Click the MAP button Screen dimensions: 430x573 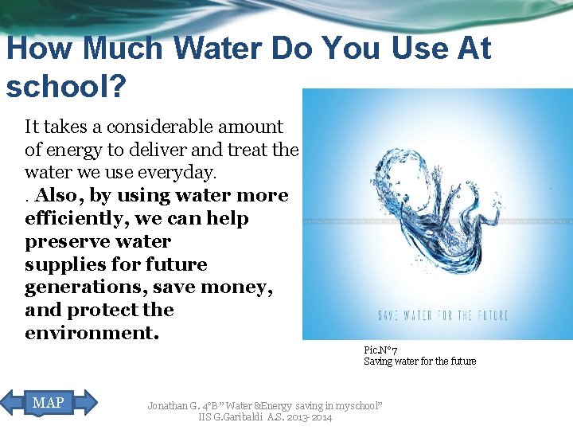[49, 403]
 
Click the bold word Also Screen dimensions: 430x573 [57, 195]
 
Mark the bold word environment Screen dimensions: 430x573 [91, 333]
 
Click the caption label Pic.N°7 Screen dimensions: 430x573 [380, 350]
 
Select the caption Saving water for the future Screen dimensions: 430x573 [419, 362]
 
